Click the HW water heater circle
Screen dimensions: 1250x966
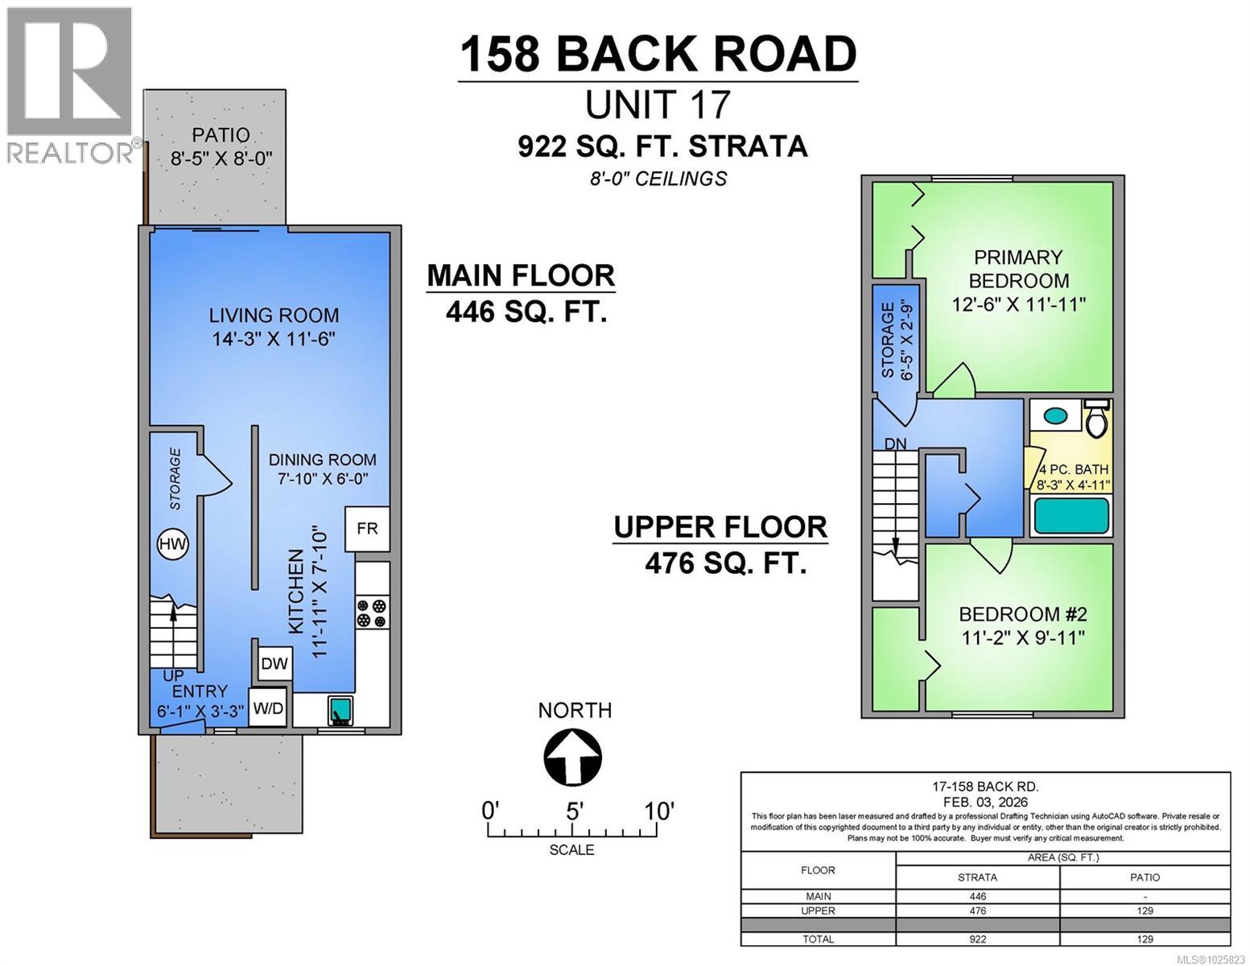(172, 543)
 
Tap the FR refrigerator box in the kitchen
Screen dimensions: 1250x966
(367, 528)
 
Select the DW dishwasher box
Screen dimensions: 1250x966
(274, 663)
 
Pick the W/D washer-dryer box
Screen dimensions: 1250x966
(268, 708)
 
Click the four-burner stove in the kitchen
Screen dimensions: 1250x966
(372, 613)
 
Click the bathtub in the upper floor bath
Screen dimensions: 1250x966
(1071, 515)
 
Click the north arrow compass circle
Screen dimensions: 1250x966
(573, 758)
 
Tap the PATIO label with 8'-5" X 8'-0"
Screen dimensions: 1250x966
(221, 147)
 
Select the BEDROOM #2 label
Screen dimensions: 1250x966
(1022, 614)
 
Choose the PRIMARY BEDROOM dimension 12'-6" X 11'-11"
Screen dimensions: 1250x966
(1018, 304)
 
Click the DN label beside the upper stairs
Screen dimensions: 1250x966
(895, 444)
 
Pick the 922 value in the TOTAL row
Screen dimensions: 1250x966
(977, 939)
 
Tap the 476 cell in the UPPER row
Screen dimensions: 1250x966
(977, 910)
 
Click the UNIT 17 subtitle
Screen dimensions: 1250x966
(658, 105)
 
